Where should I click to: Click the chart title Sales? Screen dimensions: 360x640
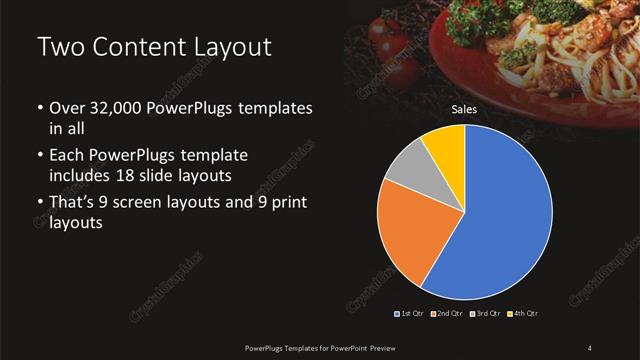[464, 109]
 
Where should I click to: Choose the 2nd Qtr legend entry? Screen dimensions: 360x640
[449, 314]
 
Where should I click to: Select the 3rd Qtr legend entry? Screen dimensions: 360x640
[486, 314]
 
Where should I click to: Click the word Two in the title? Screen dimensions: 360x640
[59, 47]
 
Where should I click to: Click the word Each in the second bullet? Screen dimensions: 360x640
[67, 156]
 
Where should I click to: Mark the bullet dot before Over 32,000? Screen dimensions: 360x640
[39, 108]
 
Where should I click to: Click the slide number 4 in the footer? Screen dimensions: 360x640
[590, 347]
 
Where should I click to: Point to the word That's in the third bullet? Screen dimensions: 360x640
[74, 204]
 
